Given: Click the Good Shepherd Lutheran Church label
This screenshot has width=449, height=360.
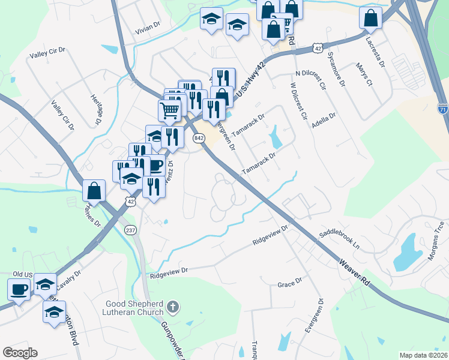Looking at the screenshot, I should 134,307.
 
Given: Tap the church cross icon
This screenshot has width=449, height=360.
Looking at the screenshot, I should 173,308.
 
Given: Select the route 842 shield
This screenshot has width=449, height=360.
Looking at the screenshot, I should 197,138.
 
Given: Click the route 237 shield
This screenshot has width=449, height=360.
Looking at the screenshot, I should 130,230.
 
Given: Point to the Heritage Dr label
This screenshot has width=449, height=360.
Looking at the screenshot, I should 95,110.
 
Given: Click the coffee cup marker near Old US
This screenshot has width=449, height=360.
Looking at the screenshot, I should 19,289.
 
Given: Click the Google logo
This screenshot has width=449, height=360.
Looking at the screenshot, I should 20,353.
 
